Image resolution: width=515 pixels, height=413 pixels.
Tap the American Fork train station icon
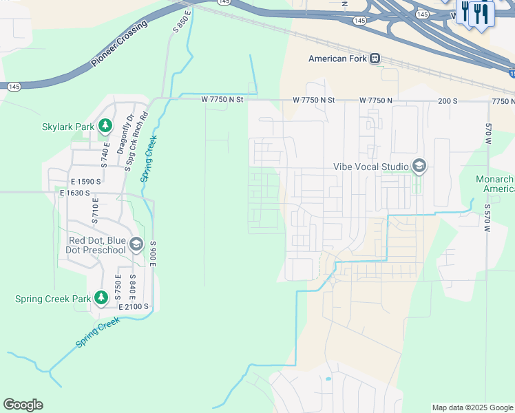[x=375, y=59]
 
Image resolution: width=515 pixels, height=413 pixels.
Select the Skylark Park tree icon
[x=105, y=126]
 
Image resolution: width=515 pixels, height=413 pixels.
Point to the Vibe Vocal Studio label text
[x=371, y=166]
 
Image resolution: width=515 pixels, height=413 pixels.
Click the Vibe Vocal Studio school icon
[x=419, y=166]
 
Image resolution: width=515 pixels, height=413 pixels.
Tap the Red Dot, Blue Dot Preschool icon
[x=136, y=245]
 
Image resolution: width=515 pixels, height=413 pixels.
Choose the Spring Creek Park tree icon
[x=101, y=298]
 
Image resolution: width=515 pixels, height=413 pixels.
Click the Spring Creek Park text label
[x=53, y=299]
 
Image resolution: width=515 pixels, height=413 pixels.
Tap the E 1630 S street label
[x=74, y=193]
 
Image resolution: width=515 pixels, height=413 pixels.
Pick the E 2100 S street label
[x=134, y=306]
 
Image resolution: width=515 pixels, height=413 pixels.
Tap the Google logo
[x=23, y=405]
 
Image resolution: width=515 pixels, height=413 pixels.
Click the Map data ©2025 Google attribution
[x=472, y=407]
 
